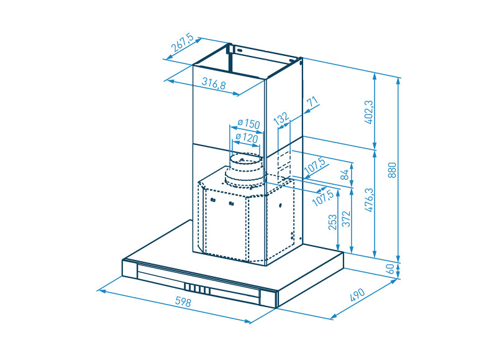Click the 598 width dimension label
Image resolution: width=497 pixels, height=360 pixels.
pos(183,302)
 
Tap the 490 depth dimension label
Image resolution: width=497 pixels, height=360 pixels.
pos(358,295)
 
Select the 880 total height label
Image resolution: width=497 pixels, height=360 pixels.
pos(392,170)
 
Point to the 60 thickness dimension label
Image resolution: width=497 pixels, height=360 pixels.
pos(391,269)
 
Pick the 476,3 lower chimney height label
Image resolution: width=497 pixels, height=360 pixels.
pos(369,200)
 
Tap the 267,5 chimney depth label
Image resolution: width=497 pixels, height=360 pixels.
pos(182,42)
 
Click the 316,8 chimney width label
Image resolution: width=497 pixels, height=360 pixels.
pos(214,83)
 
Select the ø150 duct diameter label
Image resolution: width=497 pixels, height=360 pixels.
pos(249,123)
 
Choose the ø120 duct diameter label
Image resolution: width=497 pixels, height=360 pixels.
pos(247,137)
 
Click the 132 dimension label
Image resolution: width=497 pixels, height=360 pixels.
pos(281,118)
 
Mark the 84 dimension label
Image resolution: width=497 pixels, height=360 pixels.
pos(345,175)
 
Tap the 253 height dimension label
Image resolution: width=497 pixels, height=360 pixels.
pos(332,222)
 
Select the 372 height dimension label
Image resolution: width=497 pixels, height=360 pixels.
pos(347,219)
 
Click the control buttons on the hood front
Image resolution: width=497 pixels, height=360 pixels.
pos(197,288)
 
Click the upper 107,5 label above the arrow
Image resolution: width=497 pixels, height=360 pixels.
pos(315,166)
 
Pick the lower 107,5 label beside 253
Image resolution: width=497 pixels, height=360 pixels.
pos(323,198)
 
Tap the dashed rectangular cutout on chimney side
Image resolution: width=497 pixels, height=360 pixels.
pos(284,164)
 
